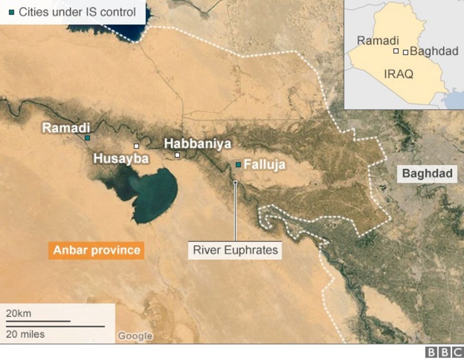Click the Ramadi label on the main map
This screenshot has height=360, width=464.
pyautogui.click(x=66, y=127)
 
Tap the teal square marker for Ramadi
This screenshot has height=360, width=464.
pyautogui.click(x=87, y=138)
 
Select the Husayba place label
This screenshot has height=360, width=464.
pyautogui.click(x=121, y=158)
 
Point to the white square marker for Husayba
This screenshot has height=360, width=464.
pyautogui.click(x=136, y=146)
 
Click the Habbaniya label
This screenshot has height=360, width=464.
pyautogui.click(x=197, y=144)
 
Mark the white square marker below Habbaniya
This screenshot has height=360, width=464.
pyautogui.click(x=177, y=155)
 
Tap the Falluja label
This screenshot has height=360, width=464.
pyautogui.click(x=264, y=165)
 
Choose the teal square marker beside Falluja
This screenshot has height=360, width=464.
pyautogui.click(x=238, y=165)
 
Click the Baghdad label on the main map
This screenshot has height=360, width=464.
pyautogui.click(x=427, y=174)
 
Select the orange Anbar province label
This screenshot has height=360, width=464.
pyautogui.click(x=97, y=250)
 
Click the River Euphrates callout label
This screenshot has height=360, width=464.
pyautogui.click(x=235, y=250)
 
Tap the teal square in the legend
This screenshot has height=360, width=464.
pyautogui.click(x=11, y=12)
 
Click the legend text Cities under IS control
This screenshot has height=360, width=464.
pyautogui.click(x=77, y=12)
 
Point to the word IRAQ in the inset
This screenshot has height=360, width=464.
pyautogui.click(x=398, y=74)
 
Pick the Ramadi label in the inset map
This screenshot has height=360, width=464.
pyautogui.click(x=377, y=41)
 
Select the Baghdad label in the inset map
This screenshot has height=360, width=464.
pyautogui.click(x=434, y=51)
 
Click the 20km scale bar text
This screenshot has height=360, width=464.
pyautogui.click(x=19, y=313)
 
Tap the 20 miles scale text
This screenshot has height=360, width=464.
pyautogui.click(x=25, y=334)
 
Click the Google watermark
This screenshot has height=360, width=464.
pyautogui.click(x=135, y=336)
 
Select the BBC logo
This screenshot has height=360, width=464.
pyautogui.click(x=444, y=352)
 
